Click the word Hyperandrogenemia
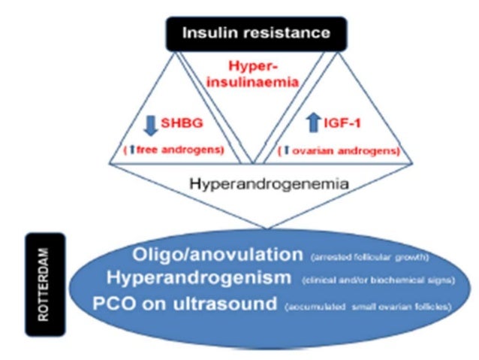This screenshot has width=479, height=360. tap(255, 182)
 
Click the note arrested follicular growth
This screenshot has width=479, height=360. tap(369, 258)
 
